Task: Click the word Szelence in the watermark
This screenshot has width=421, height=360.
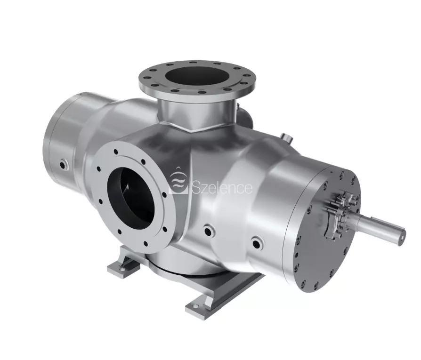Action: (222, 187)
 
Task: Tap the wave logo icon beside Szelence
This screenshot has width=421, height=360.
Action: (178, 179)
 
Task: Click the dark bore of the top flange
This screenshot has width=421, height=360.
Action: (197, 76)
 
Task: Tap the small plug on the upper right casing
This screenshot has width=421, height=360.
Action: (286, 137)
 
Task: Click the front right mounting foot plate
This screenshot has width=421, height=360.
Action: (204, 304)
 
